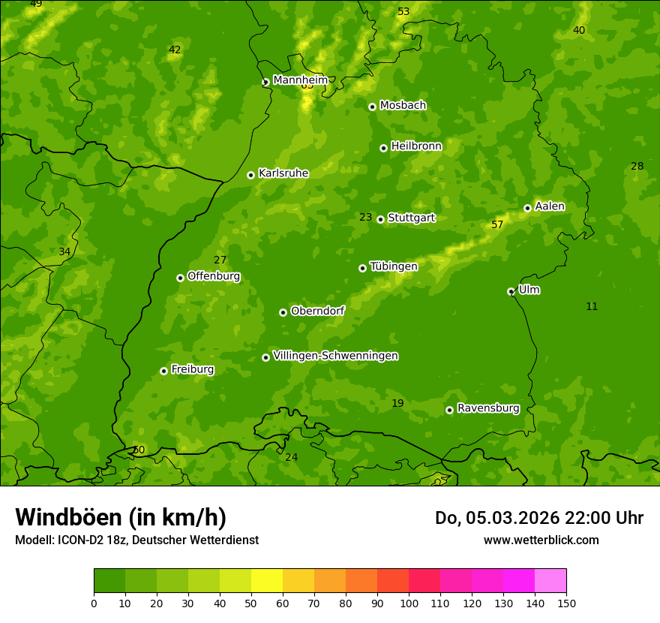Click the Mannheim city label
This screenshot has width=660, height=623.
tap(300, 80)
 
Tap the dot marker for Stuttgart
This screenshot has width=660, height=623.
tap(381, 219)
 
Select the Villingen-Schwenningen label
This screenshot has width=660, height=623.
tap(335, 356)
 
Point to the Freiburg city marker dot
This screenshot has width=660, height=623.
tap(163, 371)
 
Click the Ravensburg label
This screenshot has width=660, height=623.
tap(488, 408)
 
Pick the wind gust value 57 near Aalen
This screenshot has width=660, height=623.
tap(497, 224)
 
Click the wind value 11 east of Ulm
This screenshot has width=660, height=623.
tap(592, 306)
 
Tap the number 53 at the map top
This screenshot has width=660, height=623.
tap(403, 11)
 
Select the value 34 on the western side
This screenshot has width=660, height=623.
tap(64, 251)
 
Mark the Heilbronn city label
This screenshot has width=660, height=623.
tap(416, 146)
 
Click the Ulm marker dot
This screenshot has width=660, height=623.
tap(511, 291)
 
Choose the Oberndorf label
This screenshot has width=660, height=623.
tap(317, 311)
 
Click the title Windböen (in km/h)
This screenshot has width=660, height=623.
tap(121, 517)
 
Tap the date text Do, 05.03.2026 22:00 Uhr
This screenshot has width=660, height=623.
tap(539, 518)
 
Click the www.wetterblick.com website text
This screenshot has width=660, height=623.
tap(541, 540)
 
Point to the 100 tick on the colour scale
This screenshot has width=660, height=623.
tap(409, 603)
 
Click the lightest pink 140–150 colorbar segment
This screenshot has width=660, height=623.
tap(550, 581)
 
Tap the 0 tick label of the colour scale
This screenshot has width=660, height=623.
tap(94, 603)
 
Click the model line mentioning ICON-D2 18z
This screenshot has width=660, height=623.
tap(136, 540)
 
